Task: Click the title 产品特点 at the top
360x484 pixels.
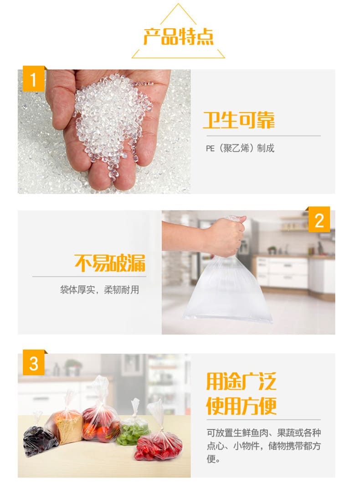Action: pyautogui.click(x=178, y=37)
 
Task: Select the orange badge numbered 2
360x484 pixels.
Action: pyautogui.click(x=319, y=220)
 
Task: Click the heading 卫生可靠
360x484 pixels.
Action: pyautogui.click(x=239, y=120)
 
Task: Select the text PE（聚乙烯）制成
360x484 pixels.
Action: pyautogui.click(x=240, y=148)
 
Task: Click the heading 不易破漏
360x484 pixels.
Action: pyautogui.click(x=110, y=263)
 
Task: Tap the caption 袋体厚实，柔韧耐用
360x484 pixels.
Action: pyautogui.click(x=99, y=289)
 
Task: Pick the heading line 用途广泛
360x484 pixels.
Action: pyautogui.click(x=241, y=381)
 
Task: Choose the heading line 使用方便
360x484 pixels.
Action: pyautogui.click(x=241, y=405)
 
